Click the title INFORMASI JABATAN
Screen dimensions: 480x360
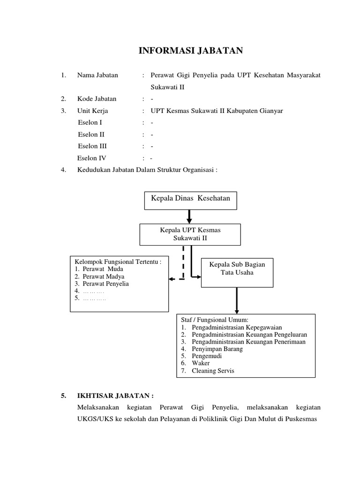191,51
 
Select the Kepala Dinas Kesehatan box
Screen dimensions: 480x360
190,200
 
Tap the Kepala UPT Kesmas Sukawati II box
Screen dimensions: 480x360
190,234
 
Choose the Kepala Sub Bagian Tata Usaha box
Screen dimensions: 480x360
237,272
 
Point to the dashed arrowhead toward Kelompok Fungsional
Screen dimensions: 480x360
172,279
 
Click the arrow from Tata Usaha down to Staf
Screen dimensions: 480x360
237,300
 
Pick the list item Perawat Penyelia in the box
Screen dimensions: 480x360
105,284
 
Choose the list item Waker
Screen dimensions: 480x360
201,363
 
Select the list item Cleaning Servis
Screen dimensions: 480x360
212,371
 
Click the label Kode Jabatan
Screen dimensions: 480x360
97,99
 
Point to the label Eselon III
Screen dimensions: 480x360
92,146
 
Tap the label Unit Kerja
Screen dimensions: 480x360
93,111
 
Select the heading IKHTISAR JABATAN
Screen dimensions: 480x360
115,396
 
